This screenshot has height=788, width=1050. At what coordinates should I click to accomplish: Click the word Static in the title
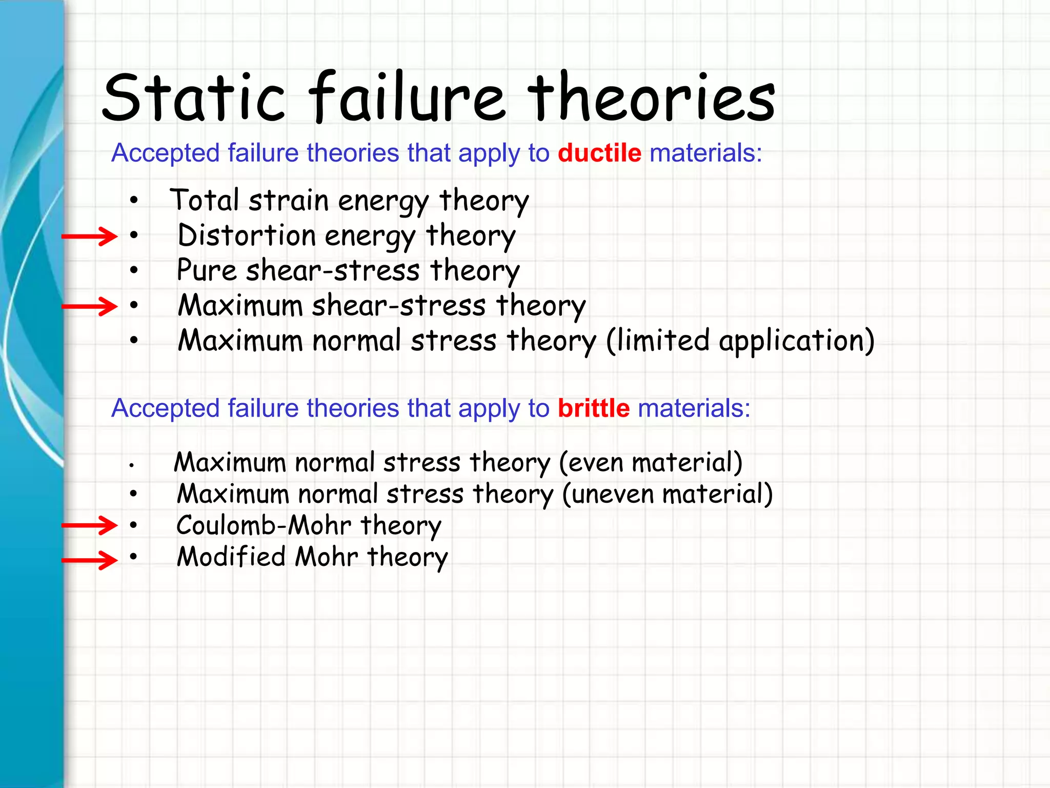click(x=194, y=97)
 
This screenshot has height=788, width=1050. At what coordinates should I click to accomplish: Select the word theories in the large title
click(x=651, y=97)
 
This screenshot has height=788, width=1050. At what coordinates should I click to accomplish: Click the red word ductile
click(x=599, y=153)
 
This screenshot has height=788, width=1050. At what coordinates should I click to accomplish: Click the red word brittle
click(x=593, y=408)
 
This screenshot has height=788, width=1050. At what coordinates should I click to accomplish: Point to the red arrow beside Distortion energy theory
click(x=90, y=237)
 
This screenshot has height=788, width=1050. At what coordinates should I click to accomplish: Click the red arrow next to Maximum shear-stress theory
click(x=90, y=307)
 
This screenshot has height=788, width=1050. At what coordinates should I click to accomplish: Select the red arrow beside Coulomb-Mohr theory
click(x=90, y=525)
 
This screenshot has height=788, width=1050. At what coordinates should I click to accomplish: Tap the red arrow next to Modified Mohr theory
click(x=90, y=560)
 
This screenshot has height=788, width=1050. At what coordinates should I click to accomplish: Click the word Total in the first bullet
click(x=205, y=200)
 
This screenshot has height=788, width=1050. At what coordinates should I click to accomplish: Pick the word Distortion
click(x=246, y=235)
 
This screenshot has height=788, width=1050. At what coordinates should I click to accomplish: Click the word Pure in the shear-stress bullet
click(x=206, y=270)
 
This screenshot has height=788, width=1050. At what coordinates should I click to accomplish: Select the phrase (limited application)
click(x=740, y=341)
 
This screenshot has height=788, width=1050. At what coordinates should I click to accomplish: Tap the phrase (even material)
click(x=650, y=462)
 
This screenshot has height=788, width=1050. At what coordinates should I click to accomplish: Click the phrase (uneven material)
click(x=667, y=494)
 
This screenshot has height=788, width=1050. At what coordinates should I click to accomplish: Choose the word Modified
click(x=231, y=557)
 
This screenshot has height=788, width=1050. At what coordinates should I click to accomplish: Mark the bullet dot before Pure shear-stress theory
click(x=134, y=270)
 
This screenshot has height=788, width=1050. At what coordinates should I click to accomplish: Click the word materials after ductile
click(x=705, y=153)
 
